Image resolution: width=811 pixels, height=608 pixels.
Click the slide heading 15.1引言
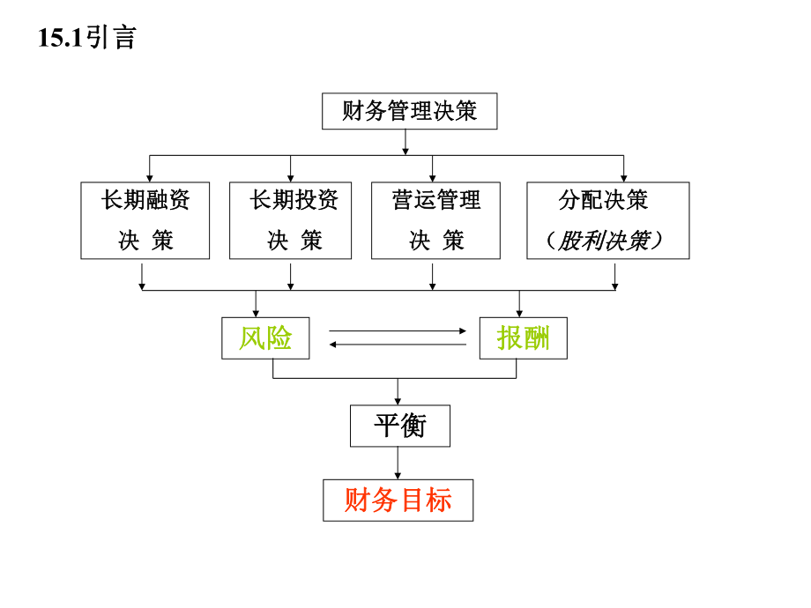87,38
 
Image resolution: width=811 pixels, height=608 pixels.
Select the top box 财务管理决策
409,111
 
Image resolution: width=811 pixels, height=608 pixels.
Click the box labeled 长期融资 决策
145,220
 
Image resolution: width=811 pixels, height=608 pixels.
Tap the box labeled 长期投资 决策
290,220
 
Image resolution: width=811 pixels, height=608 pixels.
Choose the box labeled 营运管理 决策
435,220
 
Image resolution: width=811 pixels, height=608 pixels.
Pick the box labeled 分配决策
607,201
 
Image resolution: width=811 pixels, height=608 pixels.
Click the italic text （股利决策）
607,241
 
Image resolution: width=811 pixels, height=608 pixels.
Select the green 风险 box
265,337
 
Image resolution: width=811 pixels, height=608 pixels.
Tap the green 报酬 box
523,337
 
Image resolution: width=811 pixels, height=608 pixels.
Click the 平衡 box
400,426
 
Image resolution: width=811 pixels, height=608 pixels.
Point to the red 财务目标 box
398,500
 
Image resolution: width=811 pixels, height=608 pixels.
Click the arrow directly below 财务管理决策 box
405,142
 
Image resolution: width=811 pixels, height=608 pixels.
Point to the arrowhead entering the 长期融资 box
149,177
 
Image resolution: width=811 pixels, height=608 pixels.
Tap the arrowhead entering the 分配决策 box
623,177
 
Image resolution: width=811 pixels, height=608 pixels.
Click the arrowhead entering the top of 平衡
398,400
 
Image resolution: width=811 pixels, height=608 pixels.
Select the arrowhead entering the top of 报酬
518,312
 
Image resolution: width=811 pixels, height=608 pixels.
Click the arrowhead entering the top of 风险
256,312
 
